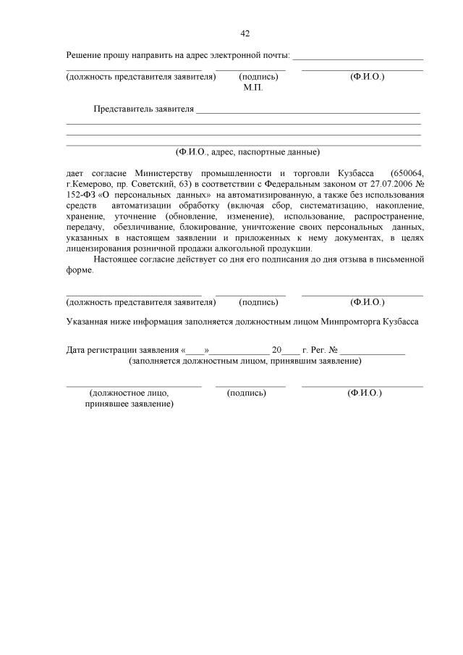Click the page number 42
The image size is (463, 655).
pos(245,33)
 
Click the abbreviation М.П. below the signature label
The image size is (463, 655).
pos(252,87)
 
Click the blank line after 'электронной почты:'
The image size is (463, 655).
pos(357,56)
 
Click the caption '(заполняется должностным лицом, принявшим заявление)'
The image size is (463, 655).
pos(245,360)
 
